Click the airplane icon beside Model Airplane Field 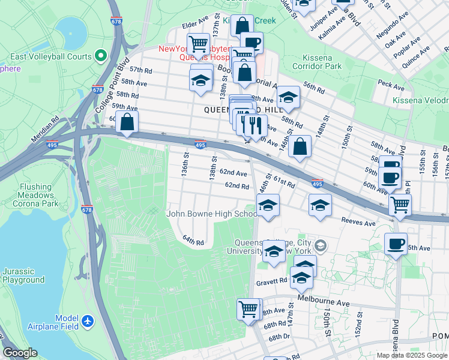coord(88,322)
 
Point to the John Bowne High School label coord(212,214)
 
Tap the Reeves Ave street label coord(358,223)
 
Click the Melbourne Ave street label coord(329,304)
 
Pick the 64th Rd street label coord(193,241)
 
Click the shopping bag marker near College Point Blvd coord(127,122)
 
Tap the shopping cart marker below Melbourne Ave coord(248,309)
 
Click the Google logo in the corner coord(20,353)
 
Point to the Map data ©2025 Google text coord(411,355)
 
